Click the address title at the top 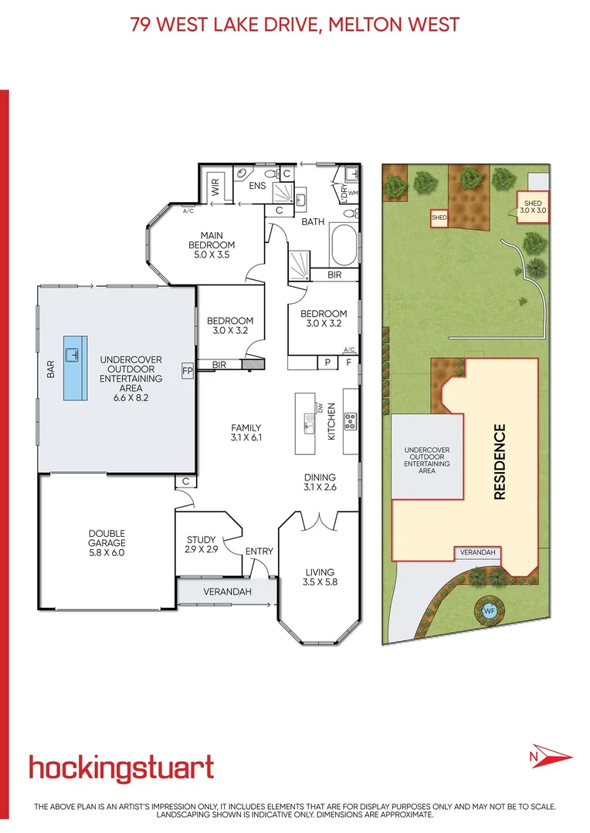(295, 25)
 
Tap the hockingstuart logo (121, 768)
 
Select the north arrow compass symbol (549, 756)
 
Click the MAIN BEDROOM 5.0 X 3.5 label (206, 245)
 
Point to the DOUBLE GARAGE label (107, 543)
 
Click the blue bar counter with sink (75, 368)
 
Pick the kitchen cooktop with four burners (350, 421)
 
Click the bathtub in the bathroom (344, 246)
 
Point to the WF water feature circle (488, 610)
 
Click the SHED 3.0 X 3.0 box (532, 207)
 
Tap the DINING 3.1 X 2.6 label (319, 482)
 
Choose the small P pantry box (327, 361)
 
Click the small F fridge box (348, 361)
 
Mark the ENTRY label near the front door (259, 551)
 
